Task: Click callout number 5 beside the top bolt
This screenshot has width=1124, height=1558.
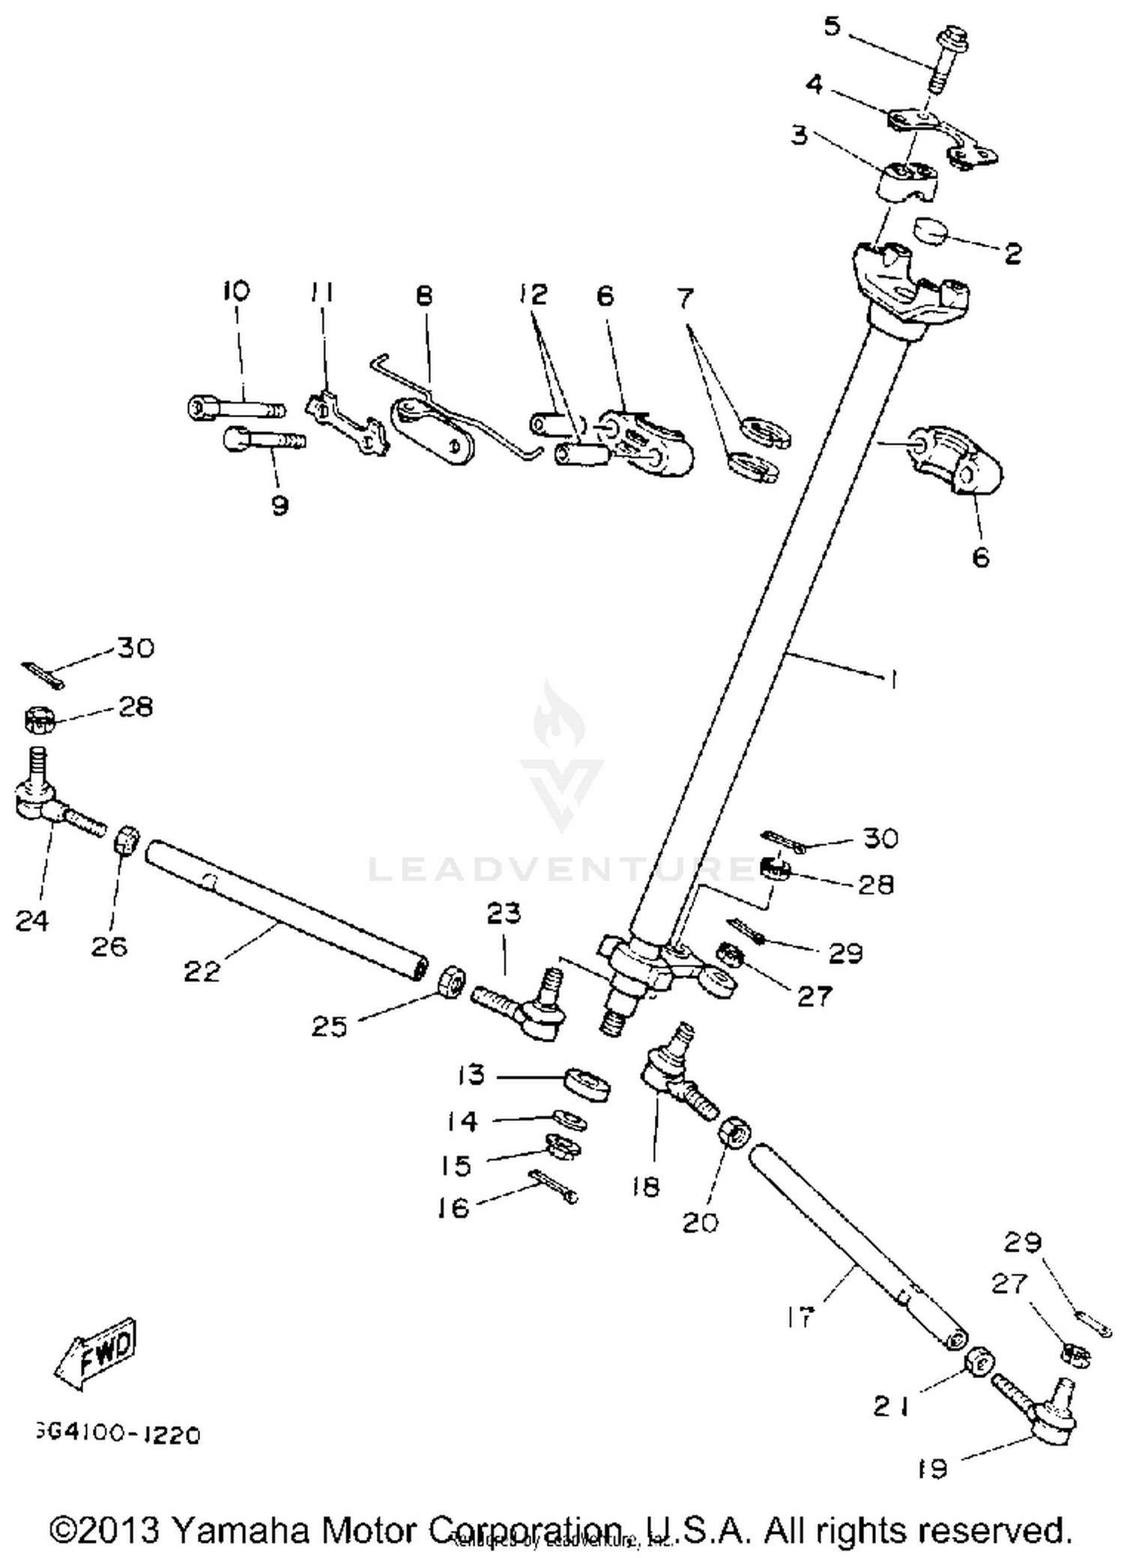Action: tap(832, 27)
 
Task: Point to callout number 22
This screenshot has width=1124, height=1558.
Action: tap(202, 972)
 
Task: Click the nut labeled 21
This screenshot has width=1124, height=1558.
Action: tap(979, 1363)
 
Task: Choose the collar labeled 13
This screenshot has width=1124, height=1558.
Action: tap(587, 1085)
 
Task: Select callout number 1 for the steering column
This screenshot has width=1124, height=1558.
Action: tap(891, 679)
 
